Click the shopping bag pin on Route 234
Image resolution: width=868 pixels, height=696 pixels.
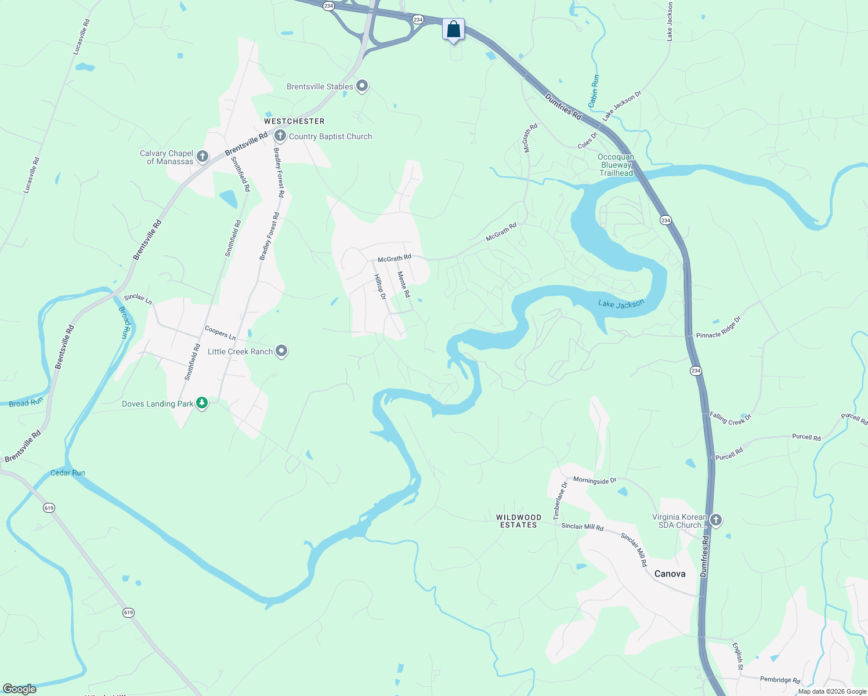pos(453,29)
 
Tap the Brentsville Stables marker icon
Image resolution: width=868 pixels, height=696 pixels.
pos(362,86)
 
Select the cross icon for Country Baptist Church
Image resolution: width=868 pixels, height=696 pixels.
pos(280,136)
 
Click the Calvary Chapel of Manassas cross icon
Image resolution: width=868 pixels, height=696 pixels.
pos(202,157)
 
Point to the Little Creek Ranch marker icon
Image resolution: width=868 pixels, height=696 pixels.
pos(281,351)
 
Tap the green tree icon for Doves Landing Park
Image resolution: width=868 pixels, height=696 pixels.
pos(202,403)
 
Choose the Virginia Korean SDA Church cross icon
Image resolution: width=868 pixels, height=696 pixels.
pos(716,520)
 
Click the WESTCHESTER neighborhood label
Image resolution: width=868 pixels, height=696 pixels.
pos(294,121)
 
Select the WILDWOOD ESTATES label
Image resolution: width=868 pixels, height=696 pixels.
pos(519,521)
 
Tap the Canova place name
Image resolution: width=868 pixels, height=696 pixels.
pos(670,574)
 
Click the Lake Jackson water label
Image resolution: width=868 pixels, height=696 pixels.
pos(621,304)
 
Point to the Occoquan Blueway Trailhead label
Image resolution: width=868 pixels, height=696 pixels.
pos(616,165)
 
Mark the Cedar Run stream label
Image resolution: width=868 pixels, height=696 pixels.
pos(68,473)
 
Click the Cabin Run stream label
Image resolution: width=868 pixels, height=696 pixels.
pos(594,91)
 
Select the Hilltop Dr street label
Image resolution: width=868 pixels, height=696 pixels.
pos(380,287)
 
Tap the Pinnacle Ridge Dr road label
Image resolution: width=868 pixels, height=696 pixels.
pos(718,328)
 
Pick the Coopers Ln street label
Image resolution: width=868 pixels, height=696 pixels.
pos(220,333)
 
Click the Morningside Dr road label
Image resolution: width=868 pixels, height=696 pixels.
pos(595,481)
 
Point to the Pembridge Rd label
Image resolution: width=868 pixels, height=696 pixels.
pos(780,680)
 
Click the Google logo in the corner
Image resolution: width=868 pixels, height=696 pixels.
pos(20,689)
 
